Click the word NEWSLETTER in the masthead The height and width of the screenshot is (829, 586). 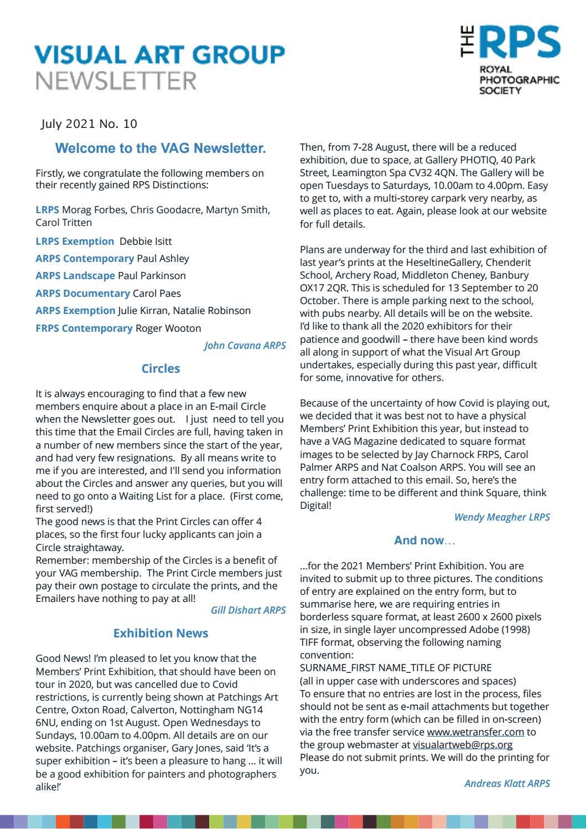point(116,81)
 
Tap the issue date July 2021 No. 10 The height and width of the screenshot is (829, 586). point(89,124)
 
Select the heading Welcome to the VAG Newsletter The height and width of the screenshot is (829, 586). point(160,148)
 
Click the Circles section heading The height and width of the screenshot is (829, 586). point(160,369)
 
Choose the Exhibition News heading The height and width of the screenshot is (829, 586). point(160,634)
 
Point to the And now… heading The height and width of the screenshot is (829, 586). point(424,540)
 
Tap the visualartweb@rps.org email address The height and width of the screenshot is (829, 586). point(463,745)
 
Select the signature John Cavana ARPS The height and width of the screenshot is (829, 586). point(245,346)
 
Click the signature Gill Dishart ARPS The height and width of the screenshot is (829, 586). point(248,610)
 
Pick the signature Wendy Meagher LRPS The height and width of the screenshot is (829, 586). point(502,517)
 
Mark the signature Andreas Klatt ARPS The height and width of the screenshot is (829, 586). point(507,783)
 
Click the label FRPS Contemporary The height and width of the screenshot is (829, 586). point(84,328)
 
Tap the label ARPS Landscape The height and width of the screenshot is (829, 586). point(75,276)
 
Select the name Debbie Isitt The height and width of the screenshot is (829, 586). point(146,241)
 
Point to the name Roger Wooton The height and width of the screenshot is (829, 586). point(168,328)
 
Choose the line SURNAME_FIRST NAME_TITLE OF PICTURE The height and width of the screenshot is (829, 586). point(396,668)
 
